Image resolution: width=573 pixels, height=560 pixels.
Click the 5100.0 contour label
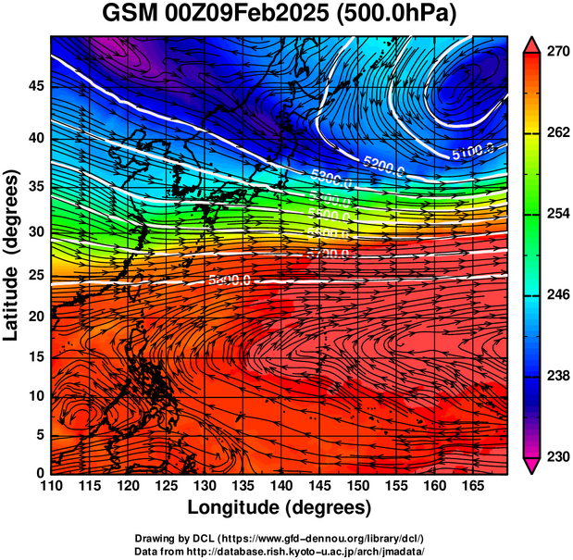tap(473, 152)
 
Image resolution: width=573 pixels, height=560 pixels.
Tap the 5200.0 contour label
tap(385, 165)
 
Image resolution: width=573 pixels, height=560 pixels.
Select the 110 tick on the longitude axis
tap(51, 485)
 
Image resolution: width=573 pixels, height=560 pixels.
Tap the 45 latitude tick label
tap(34, 86)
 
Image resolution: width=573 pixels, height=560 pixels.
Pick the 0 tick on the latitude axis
tap(39, 472)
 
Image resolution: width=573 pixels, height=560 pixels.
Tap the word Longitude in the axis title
tap(236, 507)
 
